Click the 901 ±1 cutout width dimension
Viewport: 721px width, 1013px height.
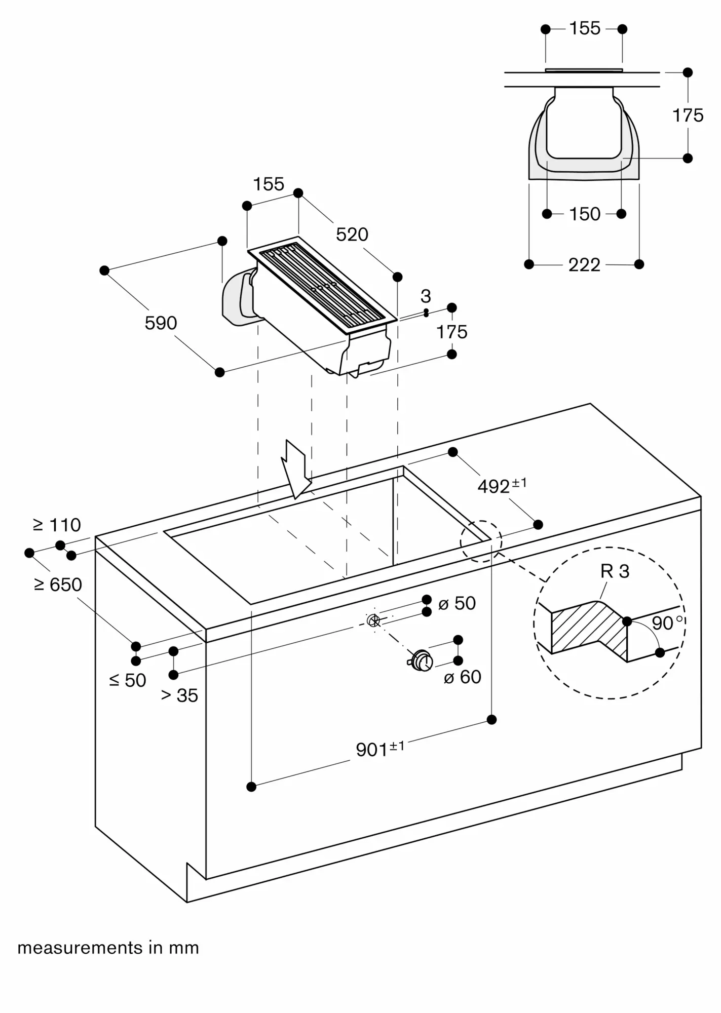pyautogui.click(x=380, y=749)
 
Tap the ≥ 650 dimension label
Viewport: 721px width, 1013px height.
pyautogui.click(x=58, y=585)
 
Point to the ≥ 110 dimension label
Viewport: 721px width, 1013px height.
pyautogui.click(x=57, y=525)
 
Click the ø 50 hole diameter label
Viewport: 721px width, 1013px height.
pyautogui.click(x=457, y=603)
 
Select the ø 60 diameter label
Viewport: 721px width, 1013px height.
pyautogui.click(x=462, y=677)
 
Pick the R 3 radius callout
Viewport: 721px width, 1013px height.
pyautogui.click(x=615, y=571)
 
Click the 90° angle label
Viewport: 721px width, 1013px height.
pyautogui.click(x=666, y=623)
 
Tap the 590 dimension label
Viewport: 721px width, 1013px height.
pyautogui.click(x=161, y=323)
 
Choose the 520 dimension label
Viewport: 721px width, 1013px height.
pyautogui.click(x=352, y=235)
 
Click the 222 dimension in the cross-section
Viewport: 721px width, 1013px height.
pyautogui.click(x=584, y=265)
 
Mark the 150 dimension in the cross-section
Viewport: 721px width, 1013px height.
pyautogui.click(x=584, y=214)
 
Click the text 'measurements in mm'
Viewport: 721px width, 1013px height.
pyautogui.click(x=108, y=948)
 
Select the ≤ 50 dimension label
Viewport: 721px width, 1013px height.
pyautogui.click(x=128, y=680)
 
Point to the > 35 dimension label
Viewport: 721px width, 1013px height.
pyautogui.click(x=179, y=695)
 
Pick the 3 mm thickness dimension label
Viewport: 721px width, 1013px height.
pyautogui.click(x=426, y=296)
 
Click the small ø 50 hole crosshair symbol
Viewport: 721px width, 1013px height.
pyautogui.click(x=373, y=620)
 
